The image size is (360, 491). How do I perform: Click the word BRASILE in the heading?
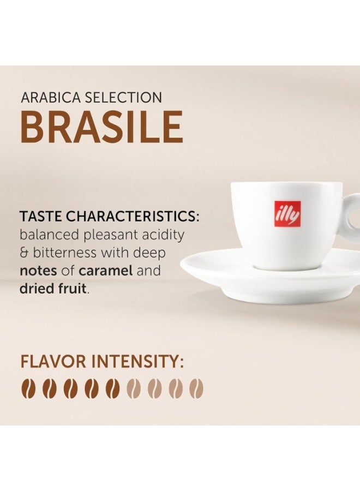click(101, 127)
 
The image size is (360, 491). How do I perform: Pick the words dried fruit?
click(53, 289)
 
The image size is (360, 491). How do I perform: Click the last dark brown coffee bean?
click(113, 388)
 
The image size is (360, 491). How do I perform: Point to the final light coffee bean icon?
click(196, 388)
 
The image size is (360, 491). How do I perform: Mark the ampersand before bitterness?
click(24, 253)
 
